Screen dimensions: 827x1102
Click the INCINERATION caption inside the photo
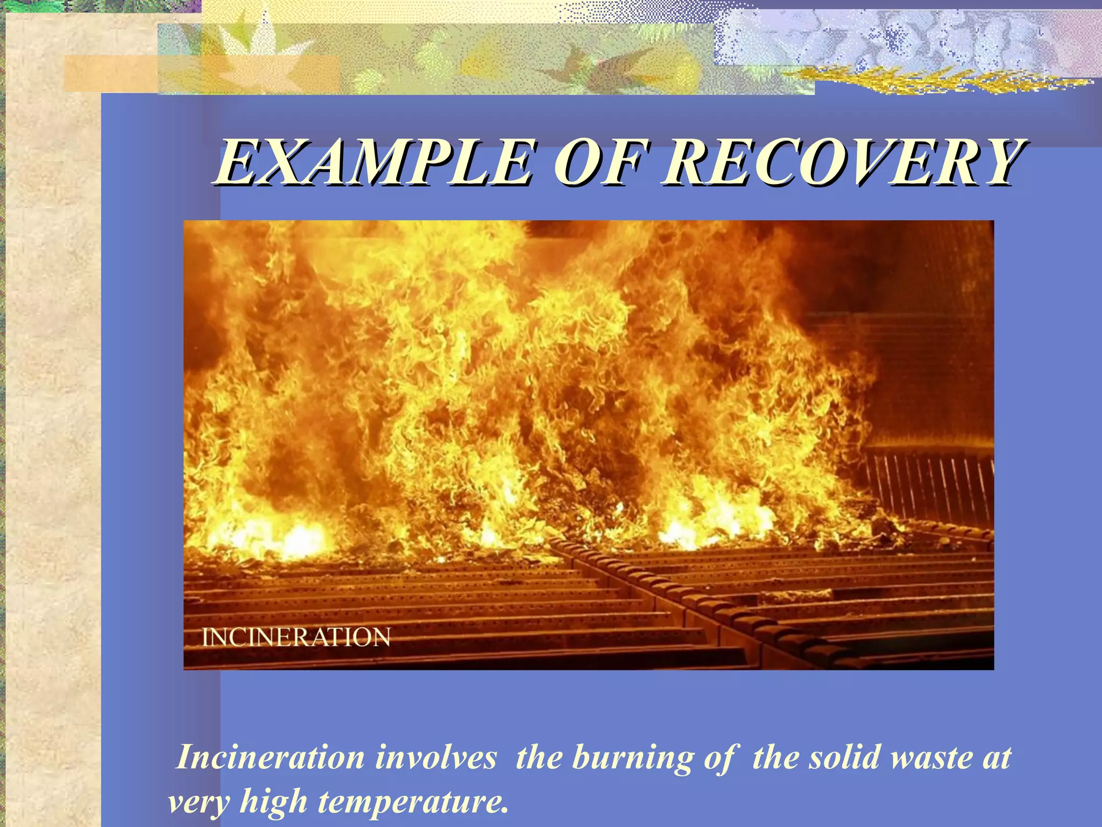click(x=296, y=637)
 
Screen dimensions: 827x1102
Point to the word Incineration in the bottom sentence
click(x=271, y=758)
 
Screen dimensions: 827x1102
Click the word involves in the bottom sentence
click(x=435, y=758)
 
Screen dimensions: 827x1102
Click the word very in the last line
click(x=199, y=802)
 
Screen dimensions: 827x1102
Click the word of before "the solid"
click(x=719, y=758)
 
